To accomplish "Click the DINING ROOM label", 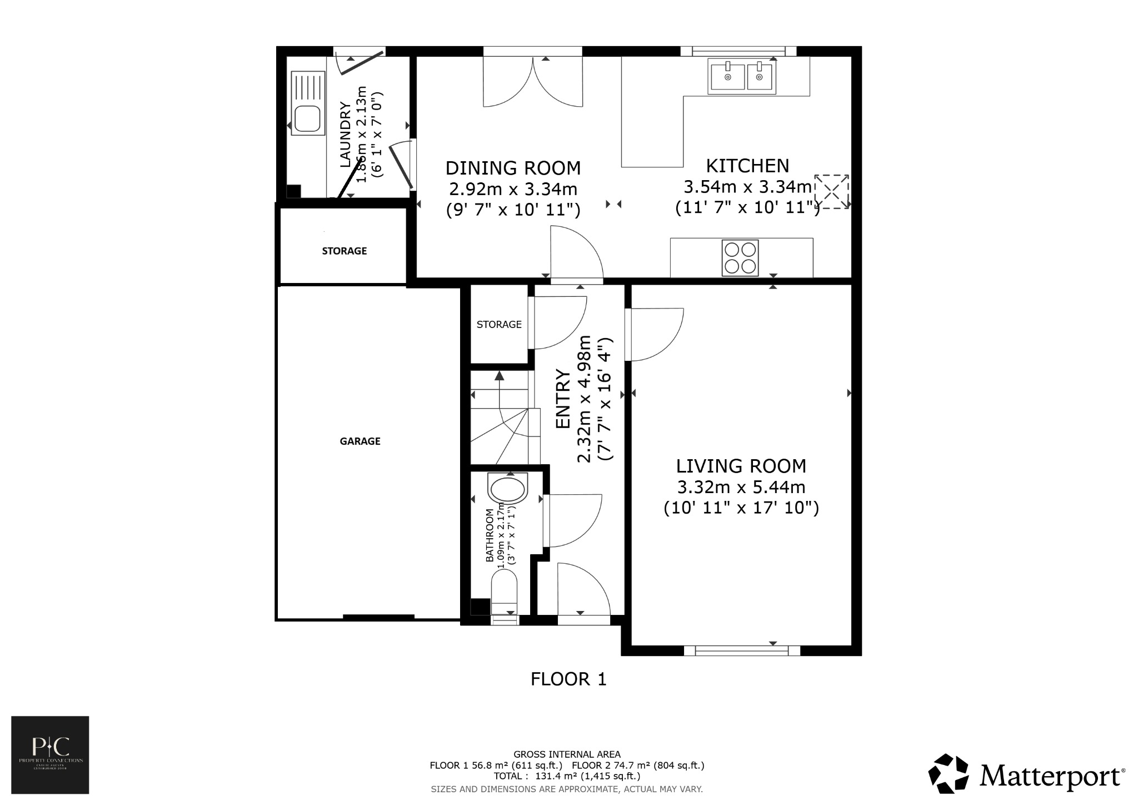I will pyautogui.click(x=513, y=168).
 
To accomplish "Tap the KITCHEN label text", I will pyautogui.click(x=747, y=166).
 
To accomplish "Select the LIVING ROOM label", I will pyautogui.click(x=741, y=466).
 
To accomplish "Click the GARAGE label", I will pyautogui.click(x=360, y=441).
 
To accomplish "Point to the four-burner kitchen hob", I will pyautogui.click(x=740, y=257).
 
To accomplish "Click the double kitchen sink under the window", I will pyautogui.click(x=742, y=77).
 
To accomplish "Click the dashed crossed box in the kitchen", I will pyautogui.click(x=831, y=192).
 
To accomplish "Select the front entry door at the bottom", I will pyautogui.click(x=583, y=592).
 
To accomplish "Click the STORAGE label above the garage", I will pyautogui.click(x=345, y=251).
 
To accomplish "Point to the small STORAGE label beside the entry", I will pyautogui.click(x=499, y=324).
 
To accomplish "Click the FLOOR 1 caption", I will pyautogui.click(x=568, y=679).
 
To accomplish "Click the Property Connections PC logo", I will pyautogui.click(x=50, y=754).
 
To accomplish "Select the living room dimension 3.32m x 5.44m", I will pyautogui.click(x=741, y=487).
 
